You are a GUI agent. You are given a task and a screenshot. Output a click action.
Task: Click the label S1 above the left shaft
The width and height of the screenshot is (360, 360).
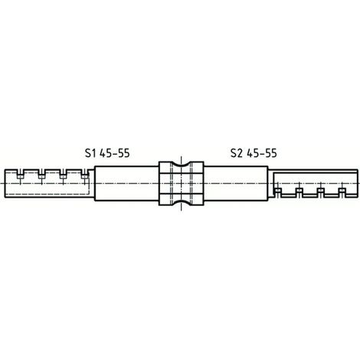tap(90, 153)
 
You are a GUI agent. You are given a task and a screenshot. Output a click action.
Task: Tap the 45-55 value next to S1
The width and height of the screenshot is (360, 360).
tap(115, 153)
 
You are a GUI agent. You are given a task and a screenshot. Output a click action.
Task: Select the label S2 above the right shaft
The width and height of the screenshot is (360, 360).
tap(236, 153)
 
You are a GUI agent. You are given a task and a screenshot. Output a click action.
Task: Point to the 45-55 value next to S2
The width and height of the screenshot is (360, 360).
tap(262, 153)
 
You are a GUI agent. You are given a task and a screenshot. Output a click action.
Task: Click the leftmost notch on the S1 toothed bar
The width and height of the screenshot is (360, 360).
tap(20, 174)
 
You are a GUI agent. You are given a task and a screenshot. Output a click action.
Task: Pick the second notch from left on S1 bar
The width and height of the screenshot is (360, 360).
tap(41, 174)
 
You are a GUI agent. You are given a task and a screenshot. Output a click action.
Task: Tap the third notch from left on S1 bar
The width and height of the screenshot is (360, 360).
tap(63, 174)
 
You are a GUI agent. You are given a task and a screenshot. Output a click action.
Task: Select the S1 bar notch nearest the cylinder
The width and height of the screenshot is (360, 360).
tap(84, 174)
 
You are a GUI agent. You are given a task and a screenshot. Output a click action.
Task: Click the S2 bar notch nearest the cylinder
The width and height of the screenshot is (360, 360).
tap(277, 192)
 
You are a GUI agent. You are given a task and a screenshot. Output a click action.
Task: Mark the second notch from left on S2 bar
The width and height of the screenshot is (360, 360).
tap(299, 192)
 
